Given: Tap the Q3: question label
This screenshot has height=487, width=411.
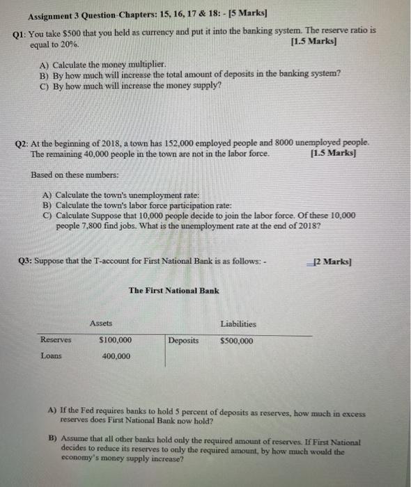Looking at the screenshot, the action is tap(20, 262).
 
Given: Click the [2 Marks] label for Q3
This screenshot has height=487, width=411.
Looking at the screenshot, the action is tap(334, 262).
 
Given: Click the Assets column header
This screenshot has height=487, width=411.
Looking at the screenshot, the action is tap(102, 324).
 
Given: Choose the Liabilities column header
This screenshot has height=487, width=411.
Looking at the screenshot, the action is tap(238, 324).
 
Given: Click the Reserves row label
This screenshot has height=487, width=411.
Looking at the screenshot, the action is tap(56, 340).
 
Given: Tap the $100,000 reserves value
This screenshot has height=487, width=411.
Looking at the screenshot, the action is tap(116, 340).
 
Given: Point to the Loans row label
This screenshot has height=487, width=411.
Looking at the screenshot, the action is tap(51, 356).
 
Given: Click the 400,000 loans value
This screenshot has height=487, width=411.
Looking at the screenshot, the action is tap(116, 356).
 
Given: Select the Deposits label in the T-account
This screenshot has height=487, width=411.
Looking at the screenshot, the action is tap(184, 341).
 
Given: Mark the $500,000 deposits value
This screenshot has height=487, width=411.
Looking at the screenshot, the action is tap(237, 341).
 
